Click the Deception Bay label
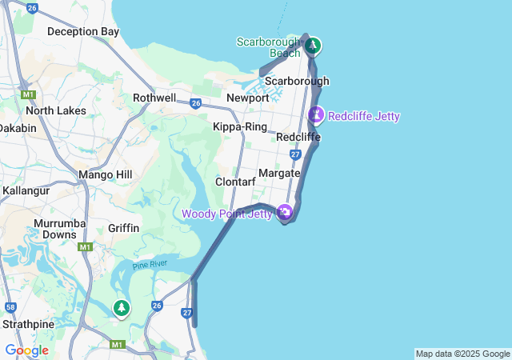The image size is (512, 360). click(x=82, y=32)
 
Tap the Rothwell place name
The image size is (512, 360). click(x=154, y=98)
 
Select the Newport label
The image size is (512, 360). click(x=248, y=98)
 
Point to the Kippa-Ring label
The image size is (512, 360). click(x=240, y=126)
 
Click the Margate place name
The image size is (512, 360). click(x=279, y=173)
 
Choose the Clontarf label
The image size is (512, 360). click(x=235, y=182)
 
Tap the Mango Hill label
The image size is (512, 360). click(x=105, y=174)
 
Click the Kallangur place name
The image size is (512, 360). click(x=26, y=191)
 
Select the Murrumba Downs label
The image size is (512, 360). click(x=55, y=229)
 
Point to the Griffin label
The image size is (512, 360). click(x=123, y=228)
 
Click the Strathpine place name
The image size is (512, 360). click(x=27, y=325)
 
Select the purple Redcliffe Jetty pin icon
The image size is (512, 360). click(x=317, y=115)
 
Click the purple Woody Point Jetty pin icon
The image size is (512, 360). click(x=285, y=212)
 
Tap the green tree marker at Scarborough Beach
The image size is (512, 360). click(x=314, y=46)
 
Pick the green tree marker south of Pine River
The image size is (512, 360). click(x=122, y=307)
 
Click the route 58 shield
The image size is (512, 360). click(x=10, y=306)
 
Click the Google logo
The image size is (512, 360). click(x=26, y=350)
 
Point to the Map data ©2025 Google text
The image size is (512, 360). click(x=462, y=354)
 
